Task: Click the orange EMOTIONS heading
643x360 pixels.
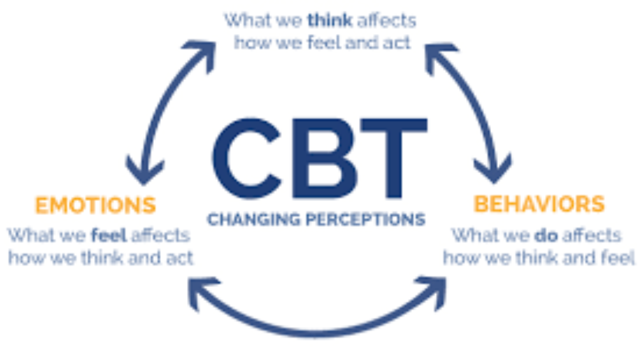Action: tap(95, 205)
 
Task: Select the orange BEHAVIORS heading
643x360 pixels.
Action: tap(539, 204)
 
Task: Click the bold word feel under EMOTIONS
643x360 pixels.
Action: tap(109, 236)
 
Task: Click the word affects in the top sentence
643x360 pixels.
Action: tap(385, 20)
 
